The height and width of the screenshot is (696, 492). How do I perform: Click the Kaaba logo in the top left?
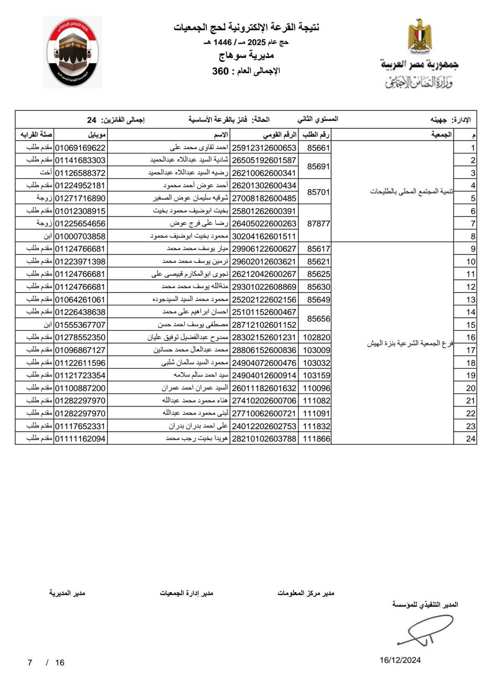(72, 52)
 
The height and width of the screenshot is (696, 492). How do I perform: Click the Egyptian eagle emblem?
(420, 36)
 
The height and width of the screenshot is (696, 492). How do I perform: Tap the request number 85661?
(318, 148)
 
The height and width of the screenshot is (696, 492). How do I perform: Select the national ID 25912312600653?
(264, 148)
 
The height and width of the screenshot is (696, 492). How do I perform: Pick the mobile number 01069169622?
(80, 148)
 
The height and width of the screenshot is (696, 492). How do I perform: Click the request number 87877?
(318, 223)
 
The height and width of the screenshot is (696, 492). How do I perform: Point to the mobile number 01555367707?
(80, 325)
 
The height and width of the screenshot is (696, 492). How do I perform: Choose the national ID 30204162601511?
(264, 236)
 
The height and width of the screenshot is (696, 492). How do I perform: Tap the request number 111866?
(317, 438)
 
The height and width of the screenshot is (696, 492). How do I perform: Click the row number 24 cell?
(471, 438)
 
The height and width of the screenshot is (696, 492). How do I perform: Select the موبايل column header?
(97, 134)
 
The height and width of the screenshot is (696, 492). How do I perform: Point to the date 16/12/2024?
(400, 660)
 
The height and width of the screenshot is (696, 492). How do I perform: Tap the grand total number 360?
(220, 71)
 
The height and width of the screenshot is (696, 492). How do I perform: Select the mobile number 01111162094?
(80, 438)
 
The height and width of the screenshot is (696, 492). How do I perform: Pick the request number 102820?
(317, 337)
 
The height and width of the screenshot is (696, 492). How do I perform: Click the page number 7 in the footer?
(30, 663)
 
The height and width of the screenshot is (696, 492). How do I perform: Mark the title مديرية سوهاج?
(246, 56)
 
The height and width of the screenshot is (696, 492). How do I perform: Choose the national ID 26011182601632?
(264, 388)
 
